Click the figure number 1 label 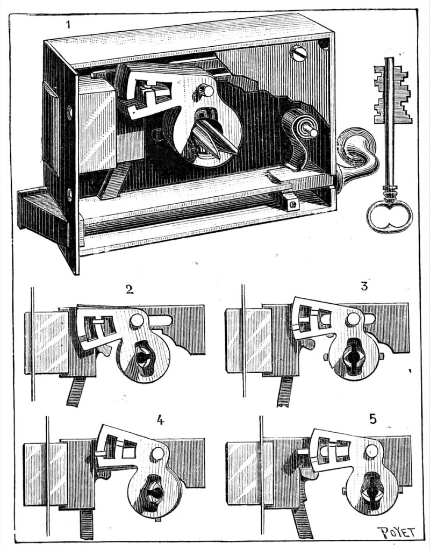point(68,24)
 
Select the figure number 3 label point(364,286)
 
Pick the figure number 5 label point(373,418)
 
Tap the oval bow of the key point(389,216)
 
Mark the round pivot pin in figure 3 point(353,319)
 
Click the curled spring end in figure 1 point(356,148)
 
